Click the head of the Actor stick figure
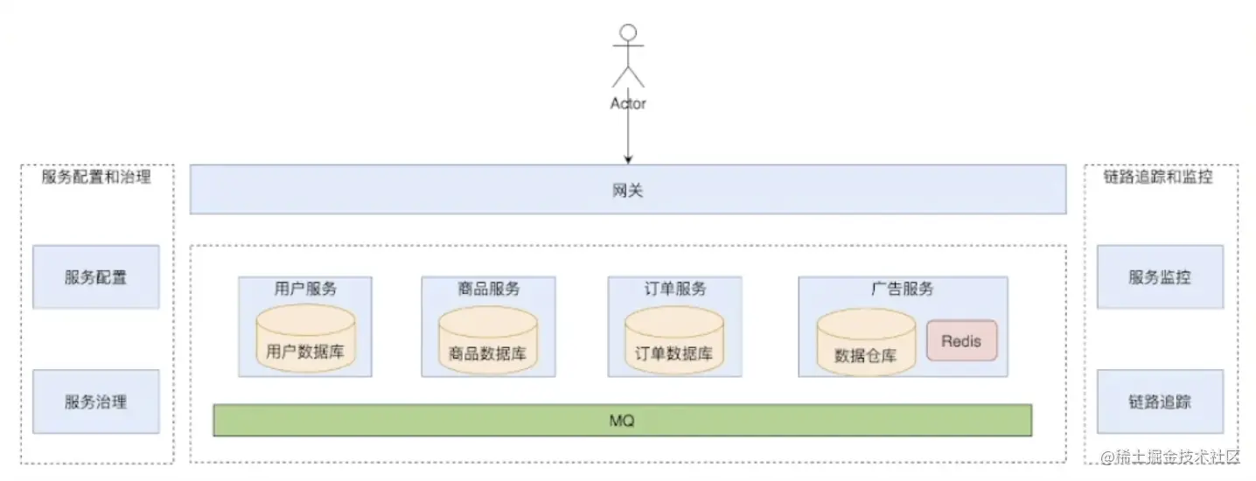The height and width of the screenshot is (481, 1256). [x=627, y=33]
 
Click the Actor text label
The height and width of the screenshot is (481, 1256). [x=627, y=103]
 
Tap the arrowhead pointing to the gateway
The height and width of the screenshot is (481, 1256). [x=627, y=159]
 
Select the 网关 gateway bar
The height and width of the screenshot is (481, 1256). [x=627, y=189]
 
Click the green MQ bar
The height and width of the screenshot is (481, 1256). [x=622, y=421]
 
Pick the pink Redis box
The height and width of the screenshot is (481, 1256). [x=961, y=341]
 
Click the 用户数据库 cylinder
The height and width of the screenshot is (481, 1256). [x=305, y=340]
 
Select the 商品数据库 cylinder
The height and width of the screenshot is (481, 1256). [x=487, y=341]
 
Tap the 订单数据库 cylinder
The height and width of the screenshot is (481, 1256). [x=674, y=341]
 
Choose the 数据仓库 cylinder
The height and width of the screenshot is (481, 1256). [x=865, y=343]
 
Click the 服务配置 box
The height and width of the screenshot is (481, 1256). [x=95, y=277]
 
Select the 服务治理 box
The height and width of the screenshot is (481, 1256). [x=95, y=401]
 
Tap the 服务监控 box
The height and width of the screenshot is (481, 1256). [x=1160, y=277]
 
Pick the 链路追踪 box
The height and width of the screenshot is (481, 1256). [x=1160, y=401]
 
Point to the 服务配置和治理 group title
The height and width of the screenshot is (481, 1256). [x=96, y=177]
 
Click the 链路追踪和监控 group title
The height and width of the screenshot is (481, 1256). [x=1158, y=177]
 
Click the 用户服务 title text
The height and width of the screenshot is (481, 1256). [x=305, y=289]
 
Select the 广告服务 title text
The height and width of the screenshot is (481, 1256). [x=902, y=289]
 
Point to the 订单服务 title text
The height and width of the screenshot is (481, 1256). [x=674, y=289]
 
